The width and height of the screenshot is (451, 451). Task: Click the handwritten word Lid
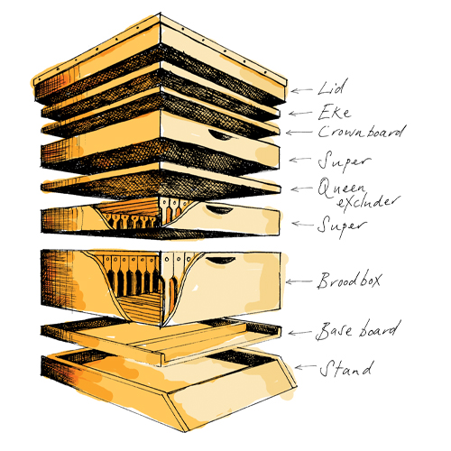pyautogui.click(x=332, y=87)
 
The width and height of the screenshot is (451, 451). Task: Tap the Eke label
pyautogui.click(x=335, y=113)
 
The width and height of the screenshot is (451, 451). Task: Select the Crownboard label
pyautogui.click(x=362, y=131)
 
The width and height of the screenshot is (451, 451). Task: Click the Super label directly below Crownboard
pyautogui.click(x=345, y=161)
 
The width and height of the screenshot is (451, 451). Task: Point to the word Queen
pyautogui.click(x=342, y=189)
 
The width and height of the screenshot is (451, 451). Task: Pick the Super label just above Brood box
pyautogui.click(x=343, y=226)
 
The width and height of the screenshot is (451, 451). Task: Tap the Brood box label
pyautogui.click(x=349, y=281)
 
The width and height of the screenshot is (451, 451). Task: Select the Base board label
pyautogui.click(x=358, y=331)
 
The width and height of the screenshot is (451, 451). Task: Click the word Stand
pyautogui.click(x=346, y=369)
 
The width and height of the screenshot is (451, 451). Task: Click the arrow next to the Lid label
pyautogui.click(x=301, y=90)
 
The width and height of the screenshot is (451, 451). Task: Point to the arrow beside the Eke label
pyautogui.click(x=300, y=114)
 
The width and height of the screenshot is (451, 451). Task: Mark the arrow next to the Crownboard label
pyautogui.click(x=299, y=133)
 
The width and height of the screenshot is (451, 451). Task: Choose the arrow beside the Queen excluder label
pyautogui.click(x=302, y=189)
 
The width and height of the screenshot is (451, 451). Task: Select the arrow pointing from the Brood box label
pyautogui.click(x=299, y=281)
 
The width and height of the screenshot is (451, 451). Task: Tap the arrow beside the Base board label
pyautogui.click(x=299, y=333)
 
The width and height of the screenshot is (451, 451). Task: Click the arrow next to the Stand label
pyautogui.click(x=305, y=366)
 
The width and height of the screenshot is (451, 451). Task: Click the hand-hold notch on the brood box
pyautogui.click(x=220, y=261)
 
